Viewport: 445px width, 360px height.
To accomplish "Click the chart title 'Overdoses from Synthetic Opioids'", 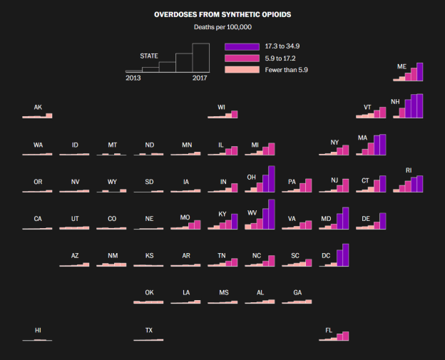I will coord(222,14).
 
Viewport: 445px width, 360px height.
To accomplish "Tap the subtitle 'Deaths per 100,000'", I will coord(222,27).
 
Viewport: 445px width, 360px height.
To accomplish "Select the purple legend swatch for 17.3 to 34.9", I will coord(242,46).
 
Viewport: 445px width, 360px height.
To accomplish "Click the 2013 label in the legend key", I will coord(133,78).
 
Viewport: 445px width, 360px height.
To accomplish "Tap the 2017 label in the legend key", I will coord(200,78).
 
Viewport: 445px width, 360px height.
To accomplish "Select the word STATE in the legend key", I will coord(149,56).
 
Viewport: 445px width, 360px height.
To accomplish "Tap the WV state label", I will coord(252,213).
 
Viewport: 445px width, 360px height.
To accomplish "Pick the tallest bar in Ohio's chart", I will coord(271,179).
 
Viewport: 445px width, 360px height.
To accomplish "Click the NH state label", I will coord(395,102).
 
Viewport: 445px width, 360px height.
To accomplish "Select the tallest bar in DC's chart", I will coord(345,254).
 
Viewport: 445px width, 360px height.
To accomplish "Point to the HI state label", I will coord(38,330).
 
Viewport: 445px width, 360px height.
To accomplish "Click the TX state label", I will coord(149,330).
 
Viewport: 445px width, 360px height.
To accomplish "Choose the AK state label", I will coord(38,108).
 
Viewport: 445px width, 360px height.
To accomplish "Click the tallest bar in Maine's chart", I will coord(419,72).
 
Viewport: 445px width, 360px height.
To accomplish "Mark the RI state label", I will coord(409,170).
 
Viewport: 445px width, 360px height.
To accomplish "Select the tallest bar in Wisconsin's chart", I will coord(234,114).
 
